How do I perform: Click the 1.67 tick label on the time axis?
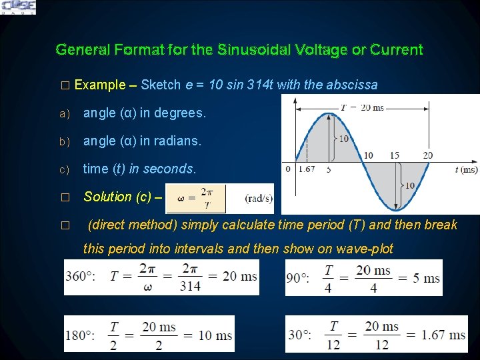pos(307,170)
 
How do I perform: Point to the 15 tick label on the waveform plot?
pos(395,156)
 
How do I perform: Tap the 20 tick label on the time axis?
pos(427,156)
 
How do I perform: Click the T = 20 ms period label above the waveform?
pos(362,107)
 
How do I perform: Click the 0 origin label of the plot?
pos(287,169)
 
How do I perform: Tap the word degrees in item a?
pos(180,113)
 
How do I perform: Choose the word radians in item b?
pos(177,141)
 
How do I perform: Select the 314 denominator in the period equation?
pos(189,285)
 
